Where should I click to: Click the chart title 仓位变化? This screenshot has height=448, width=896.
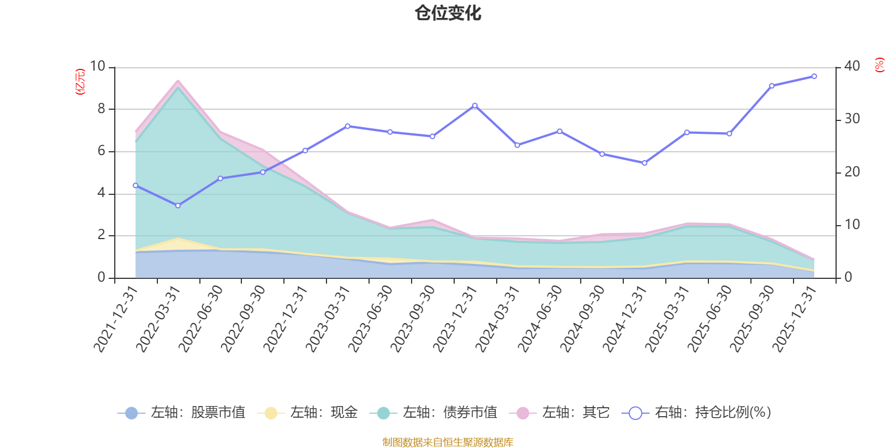448,13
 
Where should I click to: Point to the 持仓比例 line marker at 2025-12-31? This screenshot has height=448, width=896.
814,76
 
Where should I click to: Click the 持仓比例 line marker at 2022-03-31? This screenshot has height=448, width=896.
178,206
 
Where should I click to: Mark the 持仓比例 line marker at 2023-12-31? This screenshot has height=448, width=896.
475,105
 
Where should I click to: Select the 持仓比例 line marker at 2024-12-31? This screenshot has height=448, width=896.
645,163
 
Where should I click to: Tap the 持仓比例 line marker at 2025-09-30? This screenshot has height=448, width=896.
772,86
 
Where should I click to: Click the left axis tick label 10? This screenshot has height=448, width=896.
97,66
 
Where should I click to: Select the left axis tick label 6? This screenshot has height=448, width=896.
101,151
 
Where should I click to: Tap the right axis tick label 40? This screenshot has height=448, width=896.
852,66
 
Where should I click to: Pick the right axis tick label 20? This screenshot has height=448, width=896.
852,172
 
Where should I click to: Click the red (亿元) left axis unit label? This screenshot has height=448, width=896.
80,82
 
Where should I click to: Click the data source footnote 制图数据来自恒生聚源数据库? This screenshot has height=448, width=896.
448,442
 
